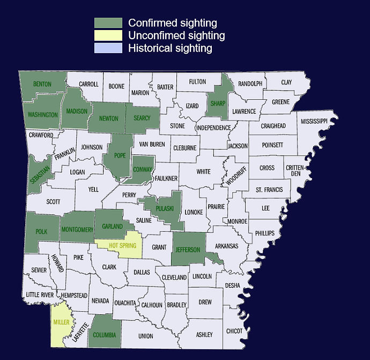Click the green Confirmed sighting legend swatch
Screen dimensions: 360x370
coord(108,23)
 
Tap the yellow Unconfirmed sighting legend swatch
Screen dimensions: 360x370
coord(108,36)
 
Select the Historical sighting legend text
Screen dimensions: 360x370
coord(170,48)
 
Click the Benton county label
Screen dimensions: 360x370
coord(42,84)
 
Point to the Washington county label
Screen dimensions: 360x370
coord(43,115)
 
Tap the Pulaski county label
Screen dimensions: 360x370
coord(164,208)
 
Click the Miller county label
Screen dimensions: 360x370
coord(61,322)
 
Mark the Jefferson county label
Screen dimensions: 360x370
coord(188,249)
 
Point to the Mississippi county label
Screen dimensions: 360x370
coord(314,121)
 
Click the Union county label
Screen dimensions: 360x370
coord(145,336)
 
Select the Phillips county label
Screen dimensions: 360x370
coord(265,233)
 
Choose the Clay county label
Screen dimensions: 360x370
coord(286,83)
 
